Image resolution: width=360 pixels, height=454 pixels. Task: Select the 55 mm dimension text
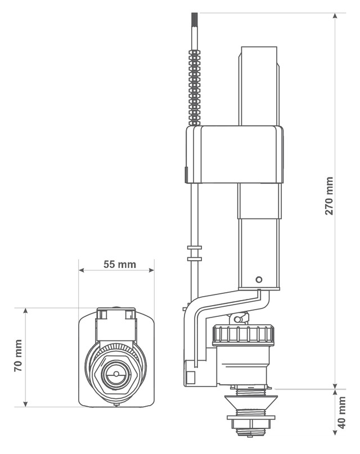119,264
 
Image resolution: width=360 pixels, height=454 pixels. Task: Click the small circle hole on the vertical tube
258,279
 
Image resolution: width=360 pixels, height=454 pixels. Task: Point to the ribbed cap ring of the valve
243,335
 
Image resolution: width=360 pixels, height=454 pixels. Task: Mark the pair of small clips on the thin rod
194,253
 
